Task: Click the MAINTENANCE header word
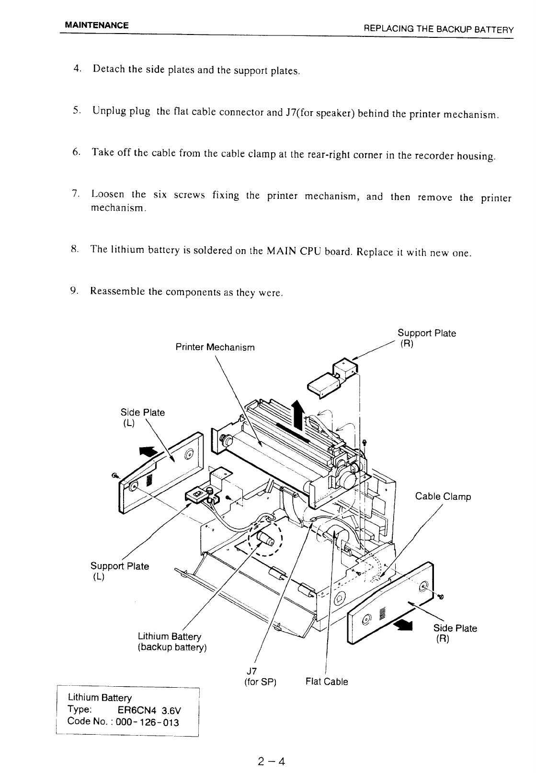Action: point(97,25)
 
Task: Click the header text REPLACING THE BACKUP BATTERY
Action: point(439,29)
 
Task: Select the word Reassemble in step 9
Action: point(118,291)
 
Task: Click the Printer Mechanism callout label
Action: point(215,347)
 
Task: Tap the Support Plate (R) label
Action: point(426,338)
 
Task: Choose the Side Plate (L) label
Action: point(142,417)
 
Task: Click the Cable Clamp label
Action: point(443,496)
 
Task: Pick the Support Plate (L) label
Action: point(120,571)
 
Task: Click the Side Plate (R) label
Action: point(455,633)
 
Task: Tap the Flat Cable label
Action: point(327,681)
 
